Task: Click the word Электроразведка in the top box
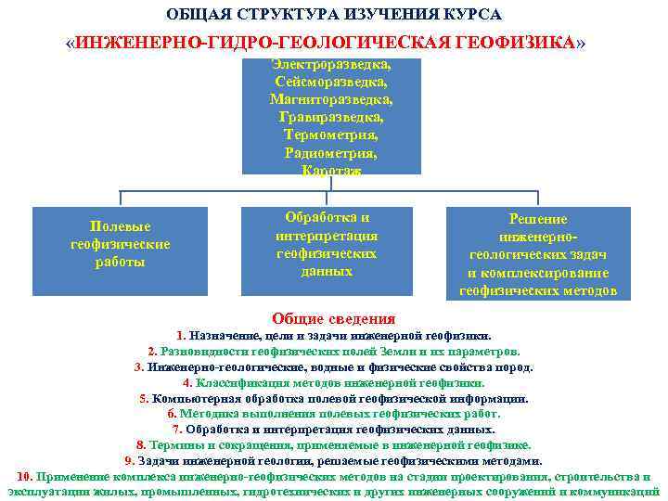330,65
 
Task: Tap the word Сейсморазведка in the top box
330,83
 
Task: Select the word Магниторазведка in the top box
330,100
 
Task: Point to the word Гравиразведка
330,118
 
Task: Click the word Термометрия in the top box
330,135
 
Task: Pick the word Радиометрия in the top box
330,153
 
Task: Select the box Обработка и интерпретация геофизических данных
331,243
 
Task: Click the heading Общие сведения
333,317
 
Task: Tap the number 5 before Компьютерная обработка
144,399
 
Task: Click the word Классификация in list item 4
236,383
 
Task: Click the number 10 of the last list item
25,476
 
